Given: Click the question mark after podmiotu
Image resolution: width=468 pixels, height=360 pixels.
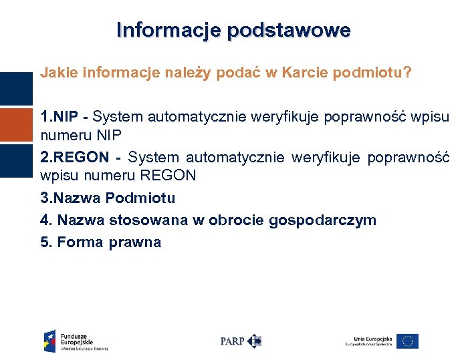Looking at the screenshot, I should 407,72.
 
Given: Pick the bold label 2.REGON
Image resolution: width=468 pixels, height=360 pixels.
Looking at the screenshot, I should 74,158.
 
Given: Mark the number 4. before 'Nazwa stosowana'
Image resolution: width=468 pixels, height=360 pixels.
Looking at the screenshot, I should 45,220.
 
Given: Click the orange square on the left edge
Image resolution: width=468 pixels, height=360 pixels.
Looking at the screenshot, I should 16,125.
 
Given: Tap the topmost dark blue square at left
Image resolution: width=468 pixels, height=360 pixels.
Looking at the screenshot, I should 16,89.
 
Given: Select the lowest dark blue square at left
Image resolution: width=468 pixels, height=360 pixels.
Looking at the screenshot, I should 16,161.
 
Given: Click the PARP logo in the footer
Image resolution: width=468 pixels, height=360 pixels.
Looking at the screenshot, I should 241,341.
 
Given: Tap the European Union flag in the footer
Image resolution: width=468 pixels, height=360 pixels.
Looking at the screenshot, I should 406,341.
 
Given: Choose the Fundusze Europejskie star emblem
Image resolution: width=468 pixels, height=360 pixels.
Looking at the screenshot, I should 50,340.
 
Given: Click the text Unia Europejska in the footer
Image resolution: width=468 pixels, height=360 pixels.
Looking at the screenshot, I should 368,337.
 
